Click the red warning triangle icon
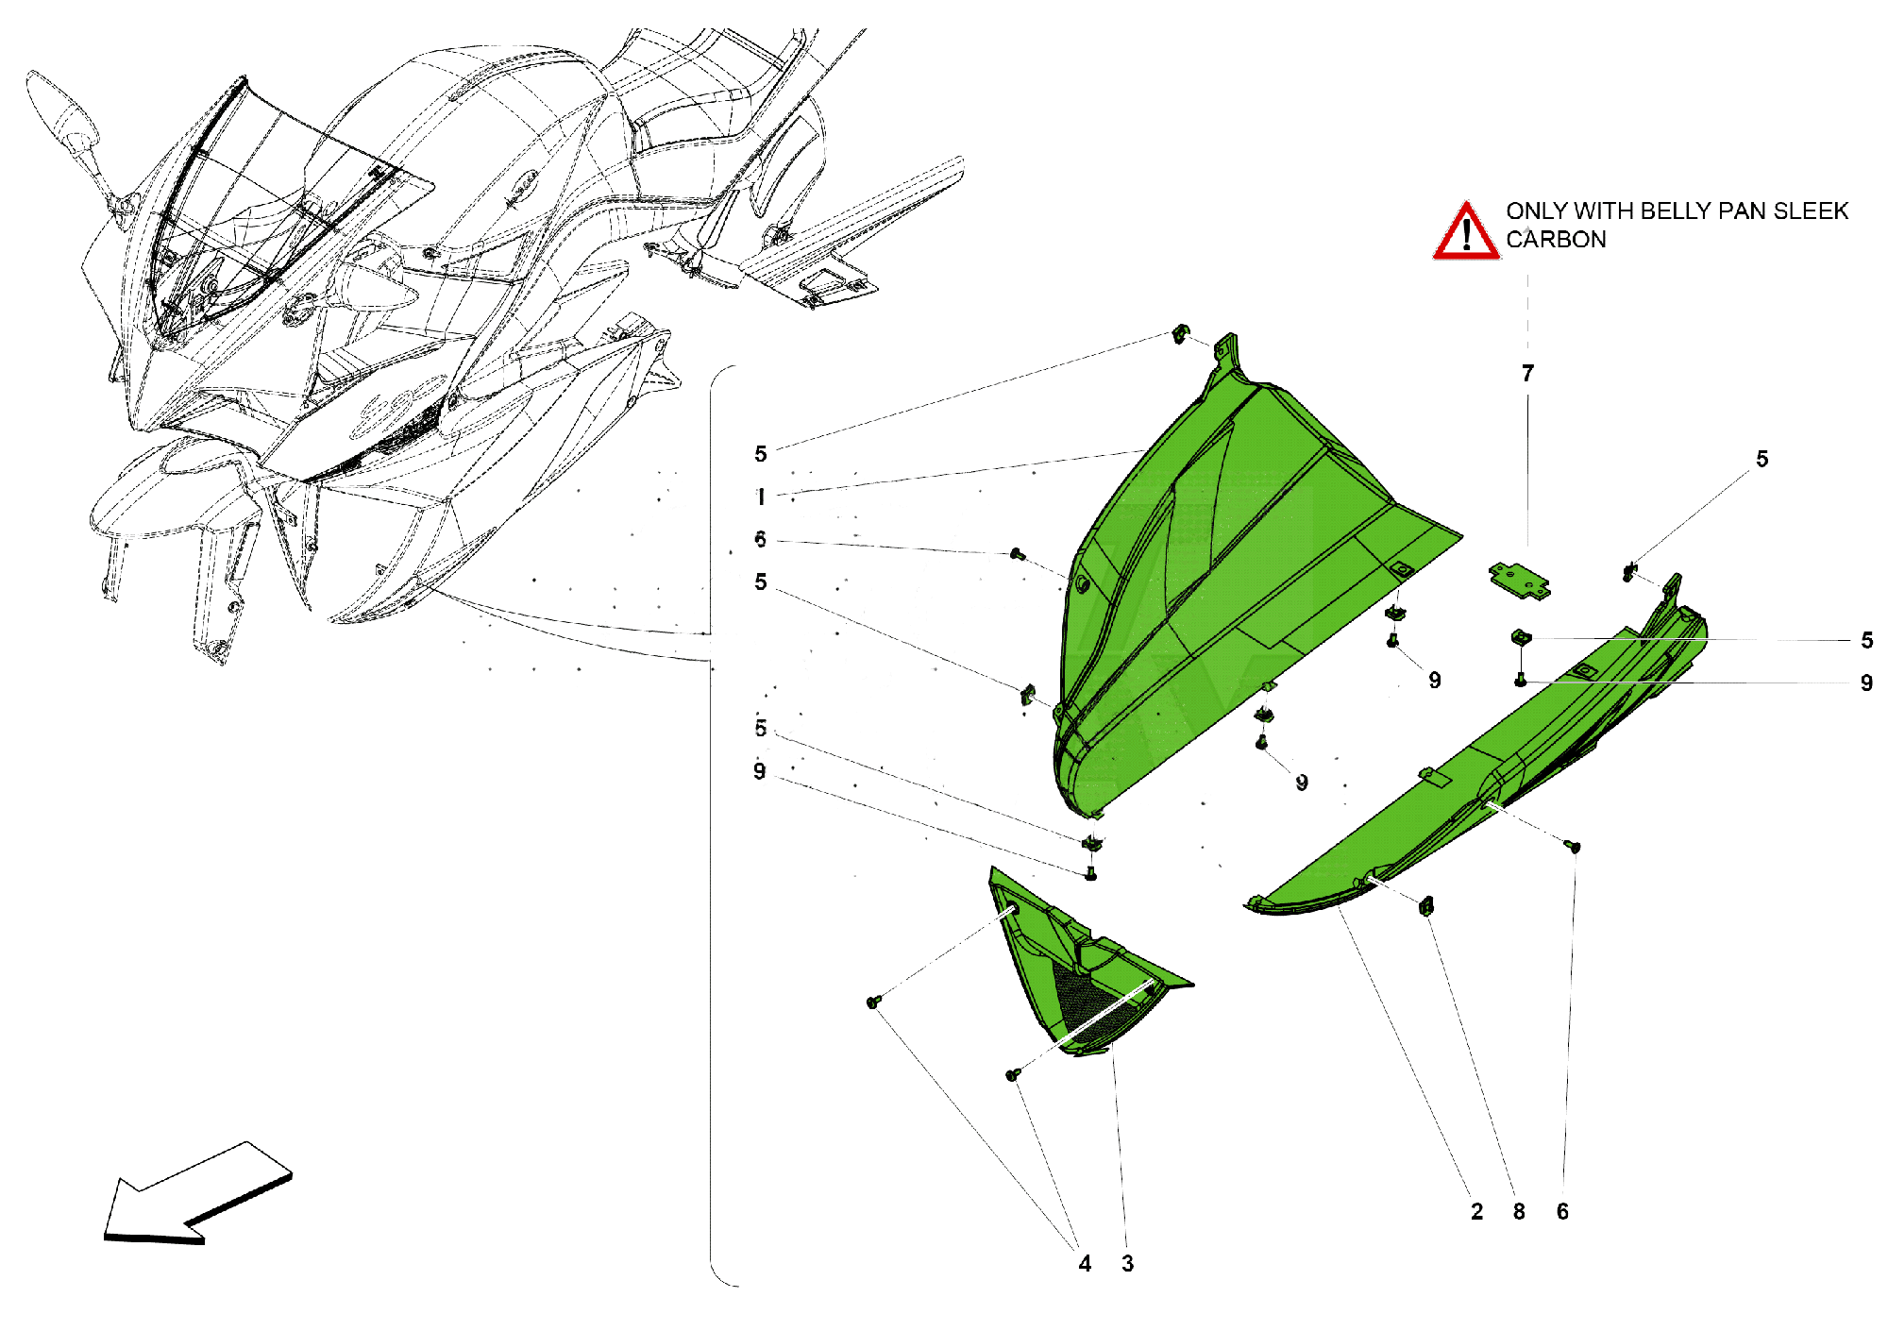click(x=1466, y=232)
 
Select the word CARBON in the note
click(x=1556, y=240)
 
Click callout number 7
click(x=1527, y=374)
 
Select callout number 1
click(x=761, y=497)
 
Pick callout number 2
click(x=1476, y=1212)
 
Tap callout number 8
click(x=1519, y=1212)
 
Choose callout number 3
click(x=1127, y=1264)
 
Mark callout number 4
click(x=1085, y=1264)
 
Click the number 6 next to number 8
click(x=1562, y=1212)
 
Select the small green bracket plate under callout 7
click(x=1520, y=581)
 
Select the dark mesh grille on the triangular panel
click(x=1095, y=1005)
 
